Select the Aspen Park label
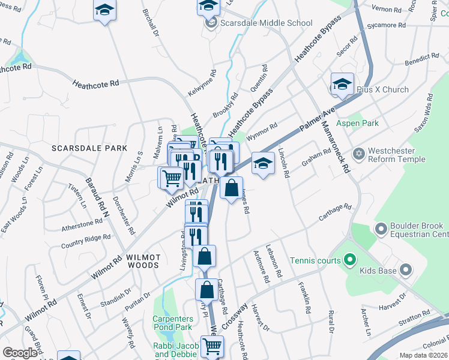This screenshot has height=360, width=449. click(357, 123)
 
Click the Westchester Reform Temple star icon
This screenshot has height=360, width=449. click(359, 154)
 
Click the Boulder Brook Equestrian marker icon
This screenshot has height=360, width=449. click(380, 229)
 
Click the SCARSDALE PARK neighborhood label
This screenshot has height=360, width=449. click(89, 148)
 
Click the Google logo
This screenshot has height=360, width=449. click(20, 353)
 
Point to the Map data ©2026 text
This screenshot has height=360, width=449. click(424, 355)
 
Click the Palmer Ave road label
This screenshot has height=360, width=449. click(316, 121)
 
